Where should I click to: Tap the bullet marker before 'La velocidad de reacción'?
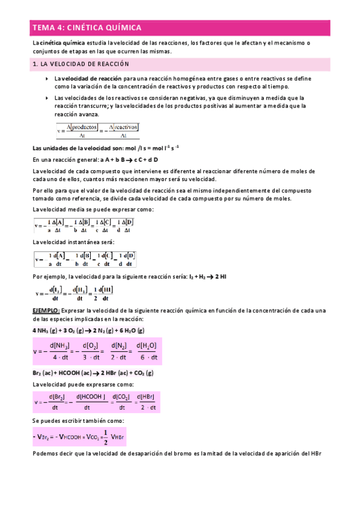point(47,79)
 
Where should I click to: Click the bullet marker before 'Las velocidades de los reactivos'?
point(47,97)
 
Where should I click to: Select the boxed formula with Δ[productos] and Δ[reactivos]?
point(97,131)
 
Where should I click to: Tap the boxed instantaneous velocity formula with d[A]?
point(84,259)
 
